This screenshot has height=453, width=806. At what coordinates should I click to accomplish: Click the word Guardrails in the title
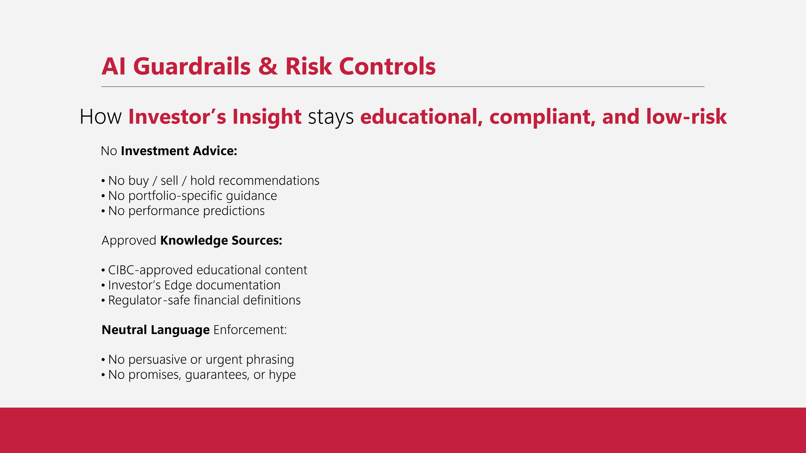[192, 66]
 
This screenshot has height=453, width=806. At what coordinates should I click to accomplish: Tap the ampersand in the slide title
[268, 66]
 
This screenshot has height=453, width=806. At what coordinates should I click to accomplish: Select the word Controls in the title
[387, 66]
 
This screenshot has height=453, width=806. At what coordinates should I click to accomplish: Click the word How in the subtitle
[101, 117]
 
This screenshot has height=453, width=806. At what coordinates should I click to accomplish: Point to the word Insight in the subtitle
[267, 117]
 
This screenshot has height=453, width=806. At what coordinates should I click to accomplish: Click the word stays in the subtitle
[331, 117]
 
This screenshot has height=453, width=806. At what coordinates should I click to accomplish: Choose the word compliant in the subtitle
[542, 117]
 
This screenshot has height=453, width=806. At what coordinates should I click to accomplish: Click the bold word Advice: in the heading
[215, 151]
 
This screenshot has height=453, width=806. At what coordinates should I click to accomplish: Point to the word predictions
[234, 211]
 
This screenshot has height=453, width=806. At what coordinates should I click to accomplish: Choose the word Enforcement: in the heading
[250, 330]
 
